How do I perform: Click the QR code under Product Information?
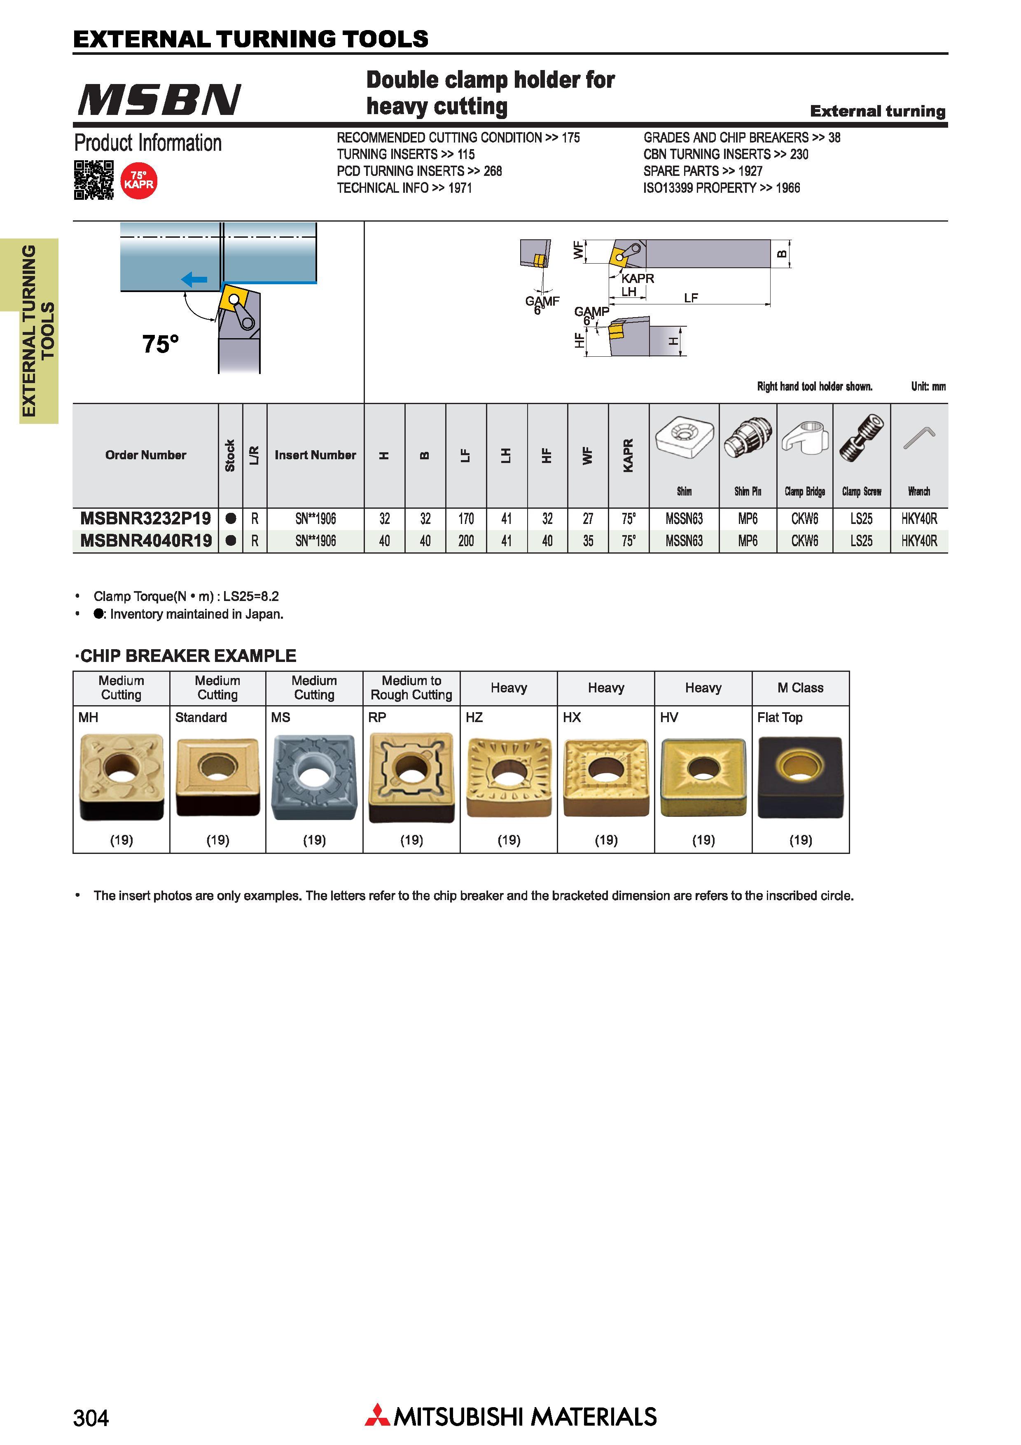click(x=94, y=180)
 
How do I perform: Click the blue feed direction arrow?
click(x=194, y=279)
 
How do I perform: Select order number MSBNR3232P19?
click(x=146, y=519)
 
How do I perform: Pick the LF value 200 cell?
click(x=465, y=540)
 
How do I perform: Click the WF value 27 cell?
click(x=588, y=519)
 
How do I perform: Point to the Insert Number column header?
click(x=315, y=455)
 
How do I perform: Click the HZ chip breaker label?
click(x=474, y=718)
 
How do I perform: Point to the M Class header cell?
click(x=800, y=688)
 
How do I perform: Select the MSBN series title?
click(x=159, y=99)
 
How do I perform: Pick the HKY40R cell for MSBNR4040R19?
click(x=919, y=540)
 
